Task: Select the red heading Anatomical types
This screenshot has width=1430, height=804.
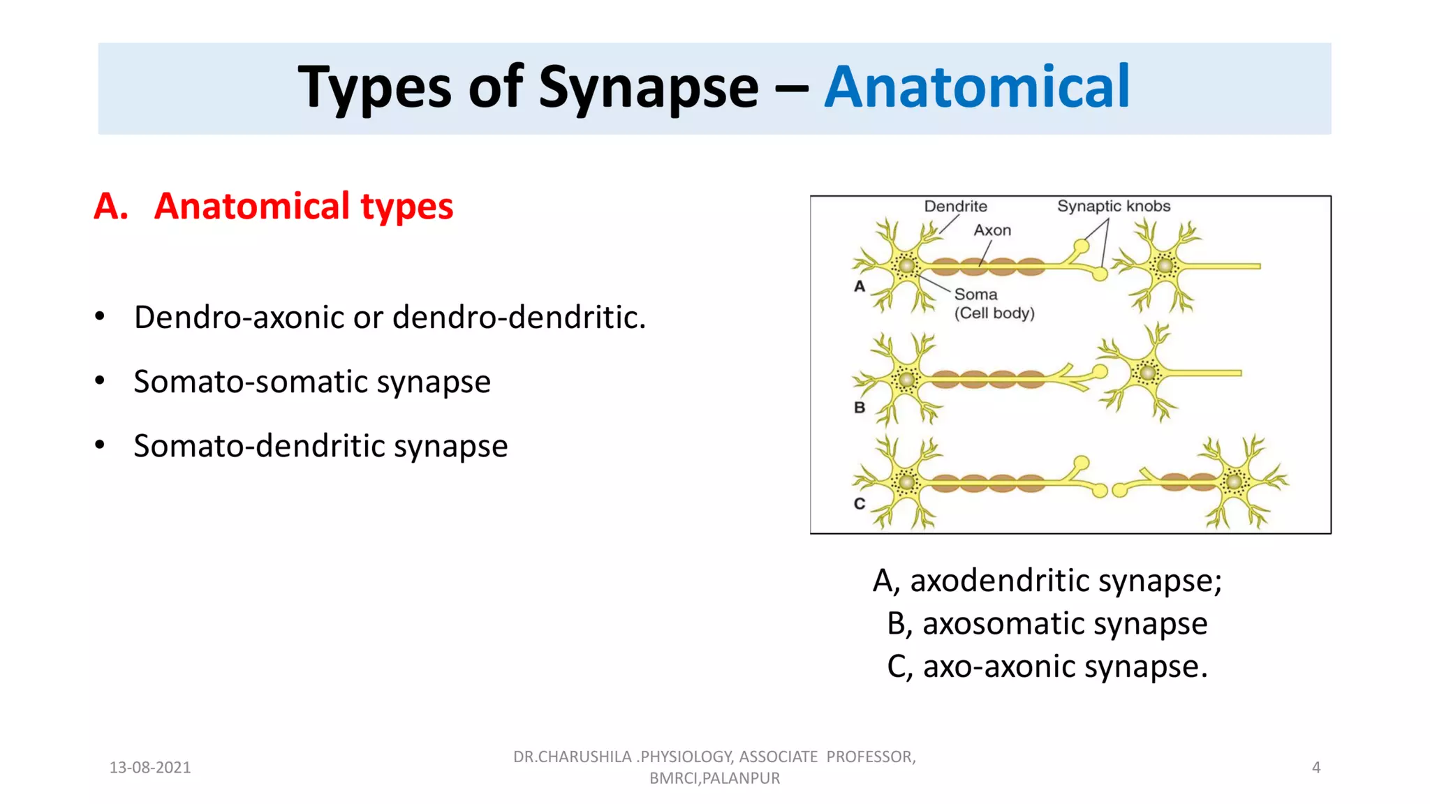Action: [303, 207]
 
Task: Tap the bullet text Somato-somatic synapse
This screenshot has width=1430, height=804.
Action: [312, 382]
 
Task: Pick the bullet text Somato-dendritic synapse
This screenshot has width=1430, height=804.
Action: [320, 446]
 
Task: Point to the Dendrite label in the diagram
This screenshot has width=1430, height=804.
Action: [955, 207]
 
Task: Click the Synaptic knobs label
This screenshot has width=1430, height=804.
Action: [1113, 207]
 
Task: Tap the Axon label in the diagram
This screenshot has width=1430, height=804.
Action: [992, 230]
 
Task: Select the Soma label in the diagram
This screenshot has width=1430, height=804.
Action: [975, 295]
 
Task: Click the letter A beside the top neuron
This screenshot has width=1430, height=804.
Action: [860, 286]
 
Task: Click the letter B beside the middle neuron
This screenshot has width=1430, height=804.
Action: [860, 408]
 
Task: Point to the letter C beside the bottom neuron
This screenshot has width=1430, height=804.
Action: [860, 504]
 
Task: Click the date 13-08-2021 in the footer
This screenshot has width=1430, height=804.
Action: [150, 768]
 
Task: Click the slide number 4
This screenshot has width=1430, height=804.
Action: [1315, 768]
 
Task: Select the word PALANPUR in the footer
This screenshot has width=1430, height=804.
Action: [741, 778]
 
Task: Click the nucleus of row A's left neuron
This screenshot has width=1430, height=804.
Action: [906, 266]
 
